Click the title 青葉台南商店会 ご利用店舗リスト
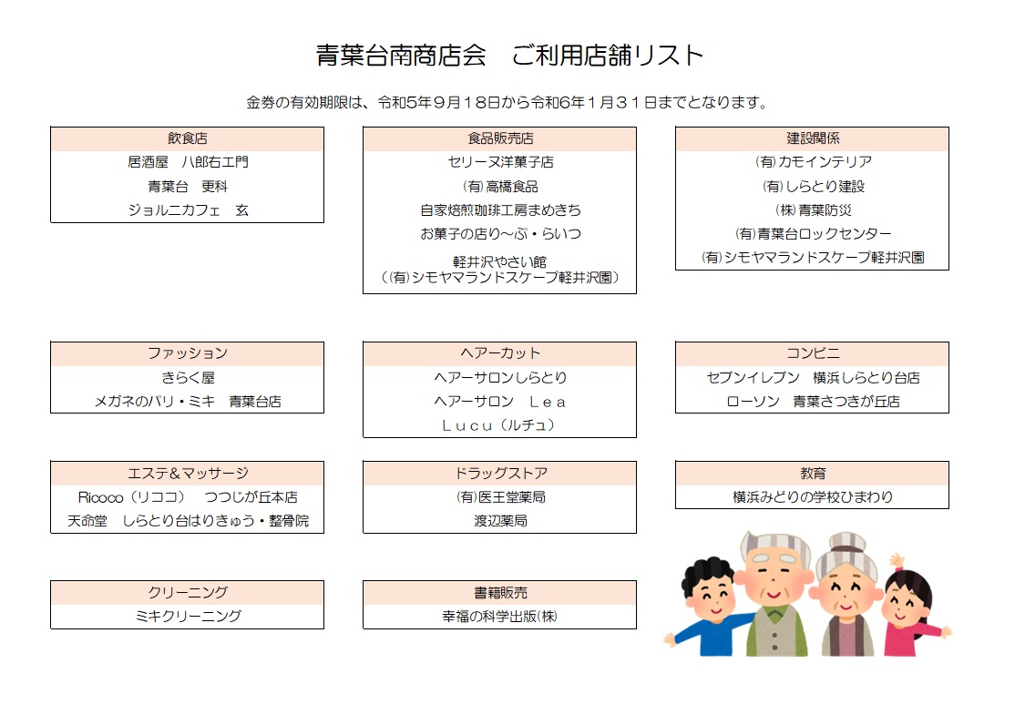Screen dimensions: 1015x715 tap(509, 56)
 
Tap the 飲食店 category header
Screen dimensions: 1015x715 tap(187, 138)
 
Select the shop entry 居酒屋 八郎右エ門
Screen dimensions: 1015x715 tap(188, 162)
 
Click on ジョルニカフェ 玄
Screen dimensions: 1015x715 tap(188, 210)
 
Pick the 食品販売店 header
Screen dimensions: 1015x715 tap(499, 138)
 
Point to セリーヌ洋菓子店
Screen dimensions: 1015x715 tap(499, 162)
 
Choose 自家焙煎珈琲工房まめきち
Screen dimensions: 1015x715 tap(499, 210)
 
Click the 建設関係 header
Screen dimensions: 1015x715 tap(813, 138)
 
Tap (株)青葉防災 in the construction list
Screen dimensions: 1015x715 tap(813, 210)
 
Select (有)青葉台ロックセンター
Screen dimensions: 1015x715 tap(813, 233)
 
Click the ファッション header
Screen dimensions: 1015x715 tap(187, 353)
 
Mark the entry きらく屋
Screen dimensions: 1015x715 tap(188, 377)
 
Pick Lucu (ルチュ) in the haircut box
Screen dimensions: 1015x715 tap(498, 425)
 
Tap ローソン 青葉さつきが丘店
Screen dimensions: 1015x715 tap(813, 401)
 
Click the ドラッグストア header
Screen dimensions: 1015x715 tap(499, 473)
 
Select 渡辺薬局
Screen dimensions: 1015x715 tap(499, 521)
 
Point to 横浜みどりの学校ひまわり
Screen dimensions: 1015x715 tap(813, 497)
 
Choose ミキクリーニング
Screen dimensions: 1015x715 tap(188, 616)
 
